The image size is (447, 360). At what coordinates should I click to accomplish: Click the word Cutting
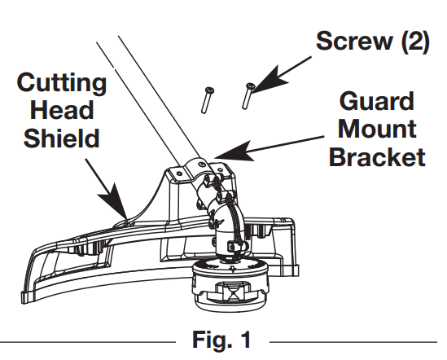[x=62, y=84]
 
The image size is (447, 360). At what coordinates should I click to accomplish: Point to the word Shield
[x=62, y=138]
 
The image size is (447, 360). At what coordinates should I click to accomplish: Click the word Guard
[x=376, y=102]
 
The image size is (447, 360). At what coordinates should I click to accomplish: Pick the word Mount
[x=376, y=129]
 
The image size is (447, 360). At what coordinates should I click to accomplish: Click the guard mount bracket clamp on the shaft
[x=196, y=170]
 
